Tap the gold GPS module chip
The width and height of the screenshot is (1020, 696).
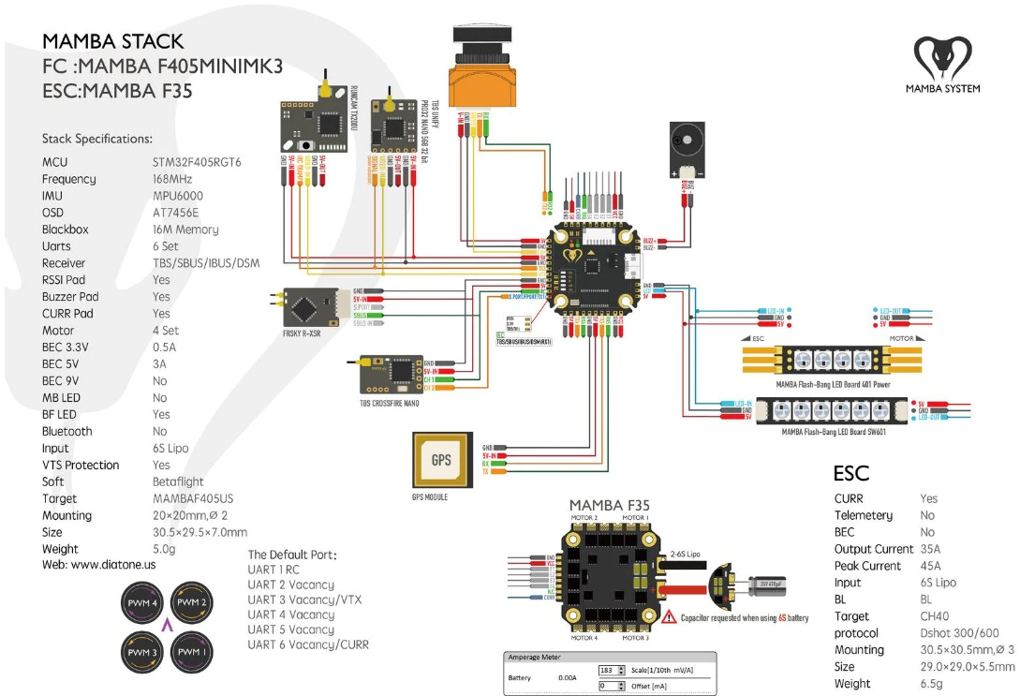pos(439,460)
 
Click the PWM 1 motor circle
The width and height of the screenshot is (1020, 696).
pos(191,650)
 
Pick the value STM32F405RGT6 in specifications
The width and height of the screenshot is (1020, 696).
pos(197,162)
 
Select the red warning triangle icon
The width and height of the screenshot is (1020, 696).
pos(669,618)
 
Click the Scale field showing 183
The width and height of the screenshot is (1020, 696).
pos(611,671)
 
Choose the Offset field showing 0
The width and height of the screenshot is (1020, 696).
pos(611,686)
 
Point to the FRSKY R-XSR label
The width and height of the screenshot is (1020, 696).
pos(302,332)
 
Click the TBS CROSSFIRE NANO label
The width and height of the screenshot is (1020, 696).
pos(389,403)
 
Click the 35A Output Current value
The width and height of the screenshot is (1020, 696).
pos(930,549)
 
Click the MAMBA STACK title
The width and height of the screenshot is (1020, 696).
pos(112,41)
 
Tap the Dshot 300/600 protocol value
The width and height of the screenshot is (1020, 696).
pos(959,633)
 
